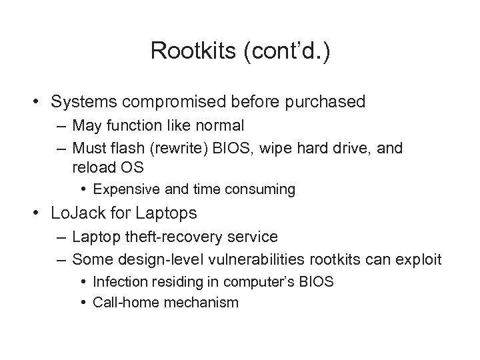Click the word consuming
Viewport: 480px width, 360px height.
point(261,189)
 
